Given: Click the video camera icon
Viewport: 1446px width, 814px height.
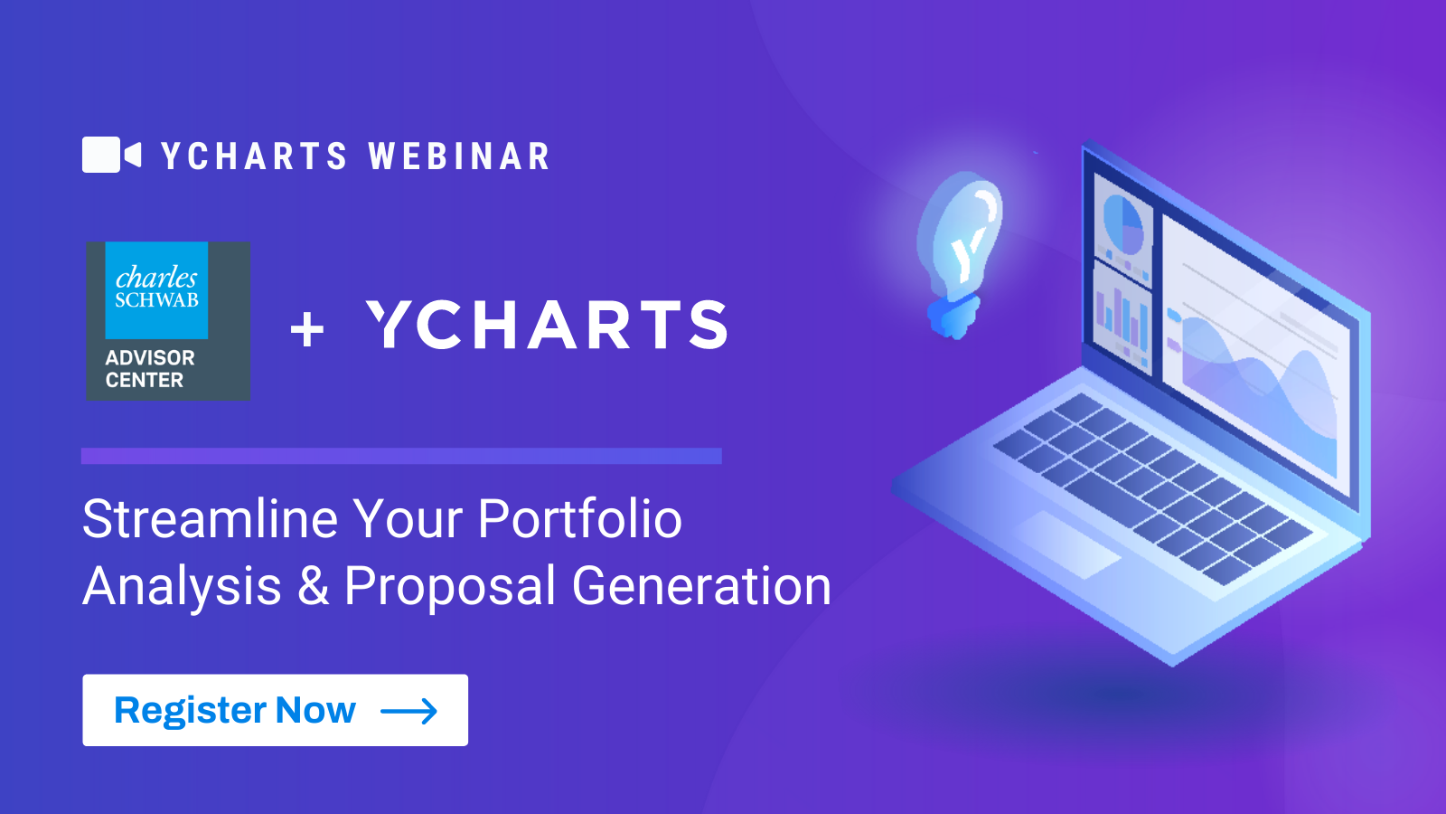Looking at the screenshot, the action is coord(111,155).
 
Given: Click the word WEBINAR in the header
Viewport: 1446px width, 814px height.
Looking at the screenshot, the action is coord(460,156).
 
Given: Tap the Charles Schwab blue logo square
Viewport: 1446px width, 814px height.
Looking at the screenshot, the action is coord(156,290).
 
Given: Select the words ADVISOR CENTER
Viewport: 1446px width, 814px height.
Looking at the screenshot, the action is coord(150,369).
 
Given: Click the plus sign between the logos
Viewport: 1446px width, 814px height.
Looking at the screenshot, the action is coord(307,329).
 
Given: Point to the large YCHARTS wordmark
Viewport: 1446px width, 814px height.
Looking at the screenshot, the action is coord(548,325).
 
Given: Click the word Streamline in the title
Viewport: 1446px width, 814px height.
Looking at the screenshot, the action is coord(210,519).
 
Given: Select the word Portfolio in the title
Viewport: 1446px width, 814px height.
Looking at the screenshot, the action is coord(579,519).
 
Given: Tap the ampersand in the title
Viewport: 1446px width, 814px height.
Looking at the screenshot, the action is coord(313,585).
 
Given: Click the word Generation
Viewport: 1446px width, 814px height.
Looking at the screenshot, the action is coord(701,585).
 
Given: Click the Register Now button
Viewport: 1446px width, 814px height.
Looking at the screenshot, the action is coord(275,710).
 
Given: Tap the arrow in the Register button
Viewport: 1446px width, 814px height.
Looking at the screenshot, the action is coord(409,711).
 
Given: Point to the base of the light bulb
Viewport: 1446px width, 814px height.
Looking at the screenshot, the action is coord(953,317).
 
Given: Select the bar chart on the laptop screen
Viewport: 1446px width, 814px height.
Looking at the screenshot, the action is coord(1122,320).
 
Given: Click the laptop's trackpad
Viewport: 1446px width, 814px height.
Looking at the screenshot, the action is coord(1066,544).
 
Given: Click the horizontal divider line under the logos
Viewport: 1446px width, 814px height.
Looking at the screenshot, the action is coord(401,456).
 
